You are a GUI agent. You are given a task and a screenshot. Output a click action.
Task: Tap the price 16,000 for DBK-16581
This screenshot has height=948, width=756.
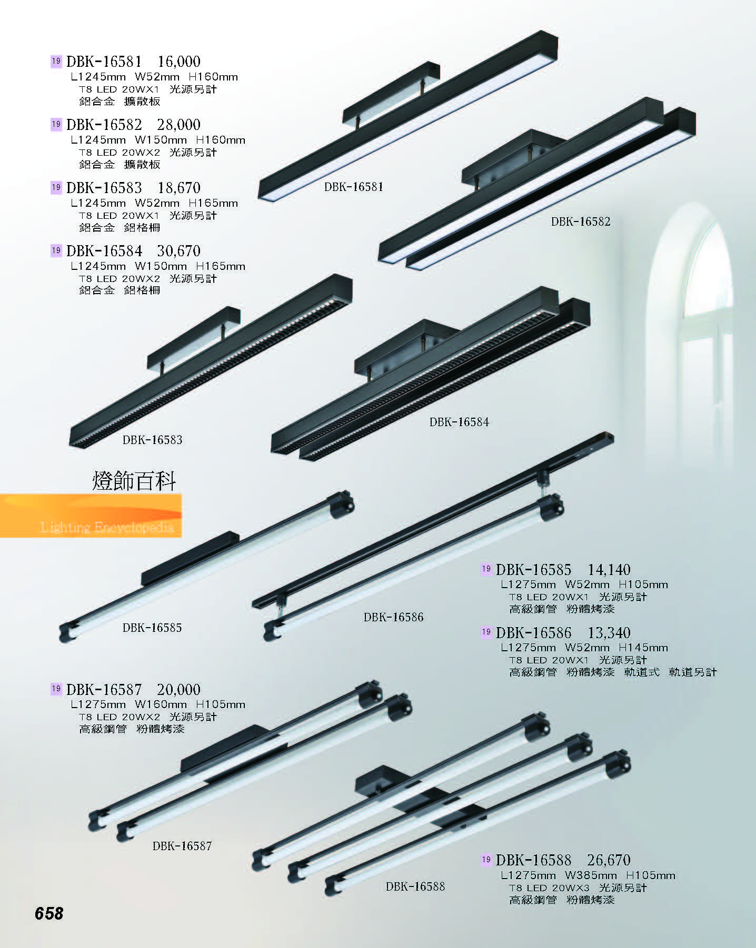tap(179, 62)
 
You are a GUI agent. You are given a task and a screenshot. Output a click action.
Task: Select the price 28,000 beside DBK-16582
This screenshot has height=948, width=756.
tap(179, 125)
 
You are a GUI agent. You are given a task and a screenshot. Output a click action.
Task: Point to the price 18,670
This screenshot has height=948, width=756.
tap(179, 188)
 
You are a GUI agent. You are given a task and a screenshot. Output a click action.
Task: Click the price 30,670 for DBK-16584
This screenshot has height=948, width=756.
tap(179, 251)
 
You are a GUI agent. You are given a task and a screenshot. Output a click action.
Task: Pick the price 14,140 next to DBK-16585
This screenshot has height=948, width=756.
tap(609, 570)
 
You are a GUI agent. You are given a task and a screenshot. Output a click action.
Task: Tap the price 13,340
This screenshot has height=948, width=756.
tap(609, 633)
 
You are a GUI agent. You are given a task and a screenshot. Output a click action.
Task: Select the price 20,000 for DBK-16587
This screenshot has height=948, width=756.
tap(179, 690)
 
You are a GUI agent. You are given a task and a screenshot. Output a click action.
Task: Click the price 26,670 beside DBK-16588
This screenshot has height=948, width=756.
tap(609, 860)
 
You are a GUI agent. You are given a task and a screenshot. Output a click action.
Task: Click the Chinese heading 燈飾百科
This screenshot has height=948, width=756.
tap(134, 481)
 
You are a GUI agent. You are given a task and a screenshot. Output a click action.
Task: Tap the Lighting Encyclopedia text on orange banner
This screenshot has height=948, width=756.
tap(107, 527)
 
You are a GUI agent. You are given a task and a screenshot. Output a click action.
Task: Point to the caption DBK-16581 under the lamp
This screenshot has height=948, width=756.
tap(354, 187)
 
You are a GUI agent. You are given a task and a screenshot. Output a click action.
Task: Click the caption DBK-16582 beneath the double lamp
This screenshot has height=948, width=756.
tap(581, 221)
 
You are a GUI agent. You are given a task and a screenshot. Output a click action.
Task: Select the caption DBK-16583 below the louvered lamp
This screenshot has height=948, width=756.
tap(152, 440)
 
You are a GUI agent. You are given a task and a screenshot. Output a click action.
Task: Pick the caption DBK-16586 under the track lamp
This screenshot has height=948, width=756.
tap(393, 617)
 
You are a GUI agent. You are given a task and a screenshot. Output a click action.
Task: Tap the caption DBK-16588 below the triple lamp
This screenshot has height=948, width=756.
tap(415, 886)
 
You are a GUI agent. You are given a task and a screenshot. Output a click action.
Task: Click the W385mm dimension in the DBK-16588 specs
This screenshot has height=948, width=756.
tap(591, 875)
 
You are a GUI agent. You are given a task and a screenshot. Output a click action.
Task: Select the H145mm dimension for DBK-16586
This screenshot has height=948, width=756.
tap(643, 648)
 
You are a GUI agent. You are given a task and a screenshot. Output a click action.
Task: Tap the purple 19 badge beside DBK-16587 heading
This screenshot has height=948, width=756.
tap(56, 689)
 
